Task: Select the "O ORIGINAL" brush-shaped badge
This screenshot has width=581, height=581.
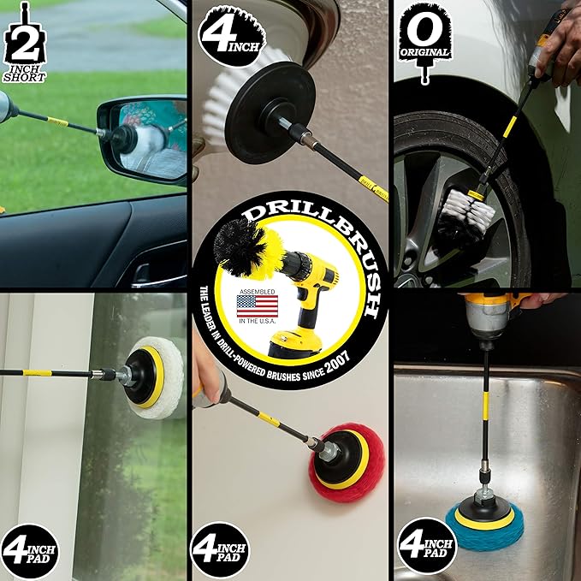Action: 424,39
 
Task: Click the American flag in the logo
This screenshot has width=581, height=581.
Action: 257,305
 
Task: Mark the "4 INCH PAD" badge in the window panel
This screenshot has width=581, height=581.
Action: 30,550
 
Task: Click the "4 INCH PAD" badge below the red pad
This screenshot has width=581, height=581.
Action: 220,550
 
